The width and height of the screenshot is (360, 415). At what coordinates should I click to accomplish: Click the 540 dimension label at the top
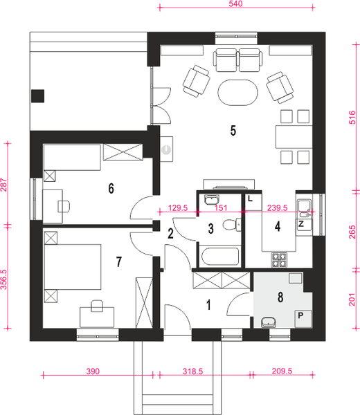[235, 3]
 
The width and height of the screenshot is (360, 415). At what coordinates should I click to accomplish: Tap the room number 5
[233, 131]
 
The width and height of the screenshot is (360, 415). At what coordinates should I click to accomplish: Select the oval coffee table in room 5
[238, 93]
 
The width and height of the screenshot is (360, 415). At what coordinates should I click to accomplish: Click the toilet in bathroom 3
[232, 225]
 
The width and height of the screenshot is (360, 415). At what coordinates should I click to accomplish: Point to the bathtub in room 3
[220, 257]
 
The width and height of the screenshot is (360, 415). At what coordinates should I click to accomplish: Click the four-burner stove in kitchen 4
[279, 259]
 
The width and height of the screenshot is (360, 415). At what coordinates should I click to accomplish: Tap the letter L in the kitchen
[250, 199]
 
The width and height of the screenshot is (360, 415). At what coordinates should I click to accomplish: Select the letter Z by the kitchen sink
[301, 224]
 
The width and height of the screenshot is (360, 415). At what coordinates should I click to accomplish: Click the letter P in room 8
[300, 315]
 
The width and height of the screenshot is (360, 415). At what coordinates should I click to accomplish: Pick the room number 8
[280, 297]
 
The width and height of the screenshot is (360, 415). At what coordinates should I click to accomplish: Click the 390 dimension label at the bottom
[93, 371]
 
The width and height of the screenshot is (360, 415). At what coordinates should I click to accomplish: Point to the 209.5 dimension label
[282, 371]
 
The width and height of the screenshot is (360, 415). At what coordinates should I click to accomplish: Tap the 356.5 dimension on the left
[3, 279]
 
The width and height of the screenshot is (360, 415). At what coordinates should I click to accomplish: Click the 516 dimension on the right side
[352, 118]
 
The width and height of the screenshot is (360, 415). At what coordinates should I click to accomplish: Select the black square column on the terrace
[37, 96]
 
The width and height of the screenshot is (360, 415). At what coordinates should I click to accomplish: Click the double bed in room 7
[73, 267]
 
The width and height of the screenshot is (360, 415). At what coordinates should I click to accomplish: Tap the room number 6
[111, 188]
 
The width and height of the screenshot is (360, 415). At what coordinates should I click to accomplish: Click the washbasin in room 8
[269, 322]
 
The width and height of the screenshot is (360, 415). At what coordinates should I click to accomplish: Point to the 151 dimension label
[221, 207]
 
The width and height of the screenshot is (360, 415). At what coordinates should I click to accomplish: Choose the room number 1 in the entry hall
[209, 304]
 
